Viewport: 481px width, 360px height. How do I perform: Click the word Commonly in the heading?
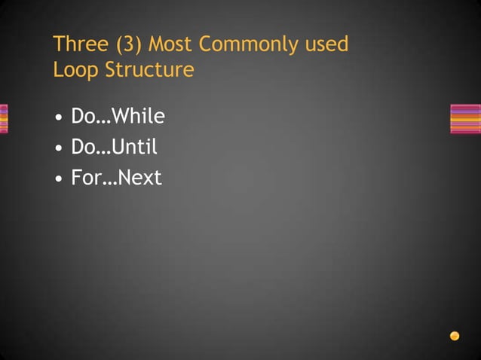click(x=248, y=44)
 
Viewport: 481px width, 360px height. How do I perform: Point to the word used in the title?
click(x=326, y=44)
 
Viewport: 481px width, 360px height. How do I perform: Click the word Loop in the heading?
click(x=73, y=70)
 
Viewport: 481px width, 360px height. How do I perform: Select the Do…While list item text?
click(x=118, y=117)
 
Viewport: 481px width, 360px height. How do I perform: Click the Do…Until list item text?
click(x=114, y=148)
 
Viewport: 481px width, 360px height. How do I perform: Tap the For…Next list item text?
click(x=116, y=178)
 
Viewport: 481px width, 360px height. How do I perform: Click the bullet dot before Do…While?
click(x=59, y=118)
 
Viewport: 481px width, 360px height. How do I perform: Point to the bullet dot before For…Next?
click(x=59, y=180)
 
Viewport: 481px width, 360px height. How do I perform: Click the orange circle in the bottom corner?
click(x=455, y=336)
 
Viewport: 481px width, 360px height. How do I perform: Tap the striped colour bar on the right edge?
click(x=464, y=118)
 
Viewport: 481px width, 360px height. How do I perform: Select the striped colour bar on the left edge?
click(x=4, y=118)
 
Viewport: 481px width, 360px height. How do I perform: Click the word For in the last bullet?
click(x=84, y=178)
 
